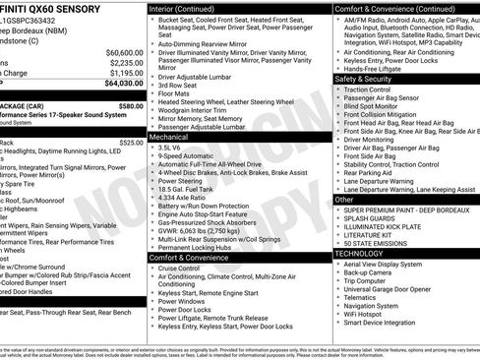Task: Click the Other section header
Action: [344, 200]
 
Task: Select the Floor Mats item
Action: [177, 92]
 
